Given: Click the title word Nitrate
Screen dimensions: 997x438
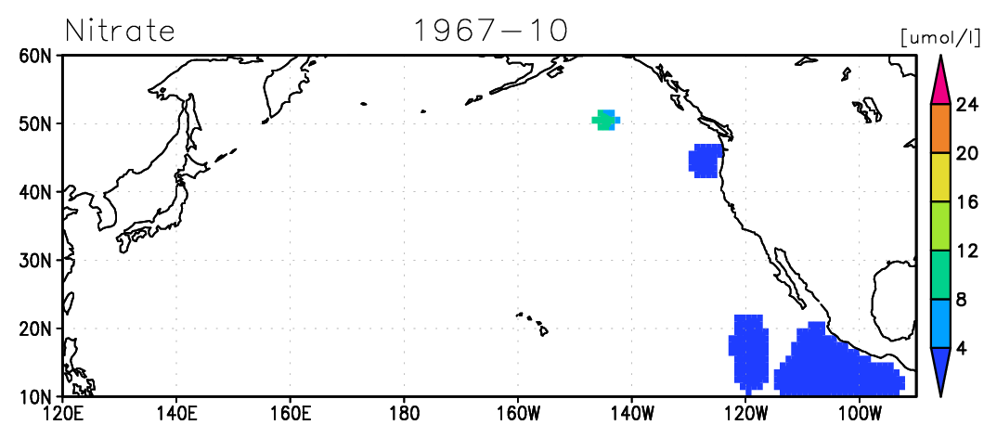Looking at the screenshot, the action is click(x=120, y=30).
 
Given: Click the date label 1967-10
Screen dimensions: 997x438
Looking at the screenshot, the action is click(x=490, y=30).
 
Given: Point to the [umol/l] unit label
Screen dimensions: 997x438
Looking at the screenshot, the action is click(x=944, y=37).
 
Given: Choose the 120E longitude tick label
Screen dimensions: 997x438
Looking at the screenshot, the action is click(x=63, y=414).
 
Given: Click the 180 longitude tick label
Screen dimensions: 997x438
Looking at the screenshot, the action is click(x=404, y=414).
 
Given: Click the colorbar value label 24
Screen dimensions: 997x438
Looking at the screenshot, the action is click(x=967, y=105).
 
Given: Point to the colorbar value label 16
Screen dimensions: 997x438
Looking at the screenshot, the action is click(x=967, y=202).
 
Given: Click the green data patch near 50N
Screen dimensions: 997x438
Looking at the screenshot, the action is click(x=603, y=120).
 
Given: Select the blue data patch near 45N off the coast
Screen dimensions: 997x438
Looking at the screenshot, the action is click(x=706, y=161).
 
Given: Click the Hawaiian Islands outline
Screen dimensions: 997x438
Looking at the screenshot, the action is click(x=533, y=323).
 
